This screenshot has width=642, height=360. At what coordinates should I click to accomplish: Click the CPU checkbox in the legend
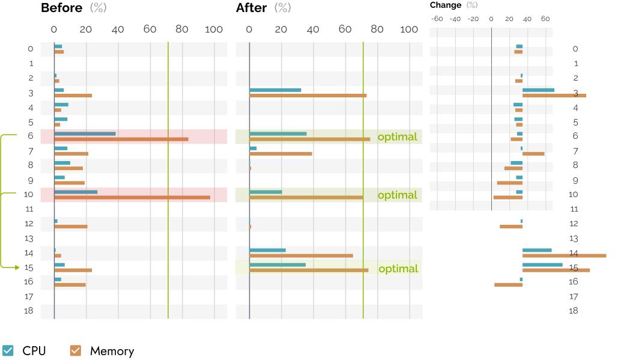click(8, 350)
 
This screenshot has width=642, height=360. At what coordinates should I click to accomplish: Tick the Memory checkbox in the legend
click(75, 350)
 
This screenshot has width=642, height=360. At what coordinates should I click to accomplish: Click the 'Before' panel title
click(62, 8)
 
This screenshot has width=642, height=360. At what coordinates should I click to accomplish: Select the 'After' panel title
click(252, 8)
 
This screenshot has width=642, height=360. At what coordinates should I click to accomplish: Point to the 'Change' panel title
click(446, 5)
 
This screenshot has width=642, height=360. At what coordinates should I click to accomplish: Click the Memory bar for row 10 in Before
click(132, 197)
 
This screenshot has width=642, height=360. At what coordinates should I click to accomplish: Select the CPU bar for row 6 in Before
click(85, 134)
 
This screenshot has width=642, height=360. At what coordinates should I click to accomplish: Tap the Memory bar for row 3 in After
click(308, 96)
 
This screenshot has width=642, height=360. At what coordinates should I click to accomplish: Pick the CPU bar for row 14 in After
click(267, 250)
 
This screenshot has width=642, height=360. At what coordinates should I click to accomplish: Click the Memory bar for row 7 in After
click(280, 154)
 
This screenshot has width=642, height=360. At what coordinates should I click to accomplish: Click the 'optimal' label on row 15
click(398, 269)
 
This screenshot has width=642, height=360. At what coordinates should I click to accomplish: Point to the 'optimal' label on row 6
click(398, 137)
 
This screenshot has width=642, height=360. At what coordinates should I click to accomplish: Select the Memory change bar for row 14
click(564, 256)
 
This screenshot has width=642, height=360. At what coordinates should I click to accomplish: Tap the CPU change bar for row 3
click(539, 90)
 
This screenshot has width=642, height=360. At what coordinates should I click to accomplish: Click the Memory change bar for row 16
click(508, 285)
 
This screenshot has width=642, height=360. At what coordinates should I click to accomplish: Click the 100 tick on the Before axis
click(214, 29)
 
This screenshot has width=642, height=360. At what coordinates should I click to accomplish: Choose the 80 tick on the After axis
click(377, 29)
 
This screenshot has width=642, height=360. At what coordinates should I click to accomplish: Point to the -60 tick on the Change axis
click(437, 19)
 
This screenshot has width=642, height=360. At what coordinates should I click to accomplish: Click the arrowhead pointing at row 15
click(17, 267)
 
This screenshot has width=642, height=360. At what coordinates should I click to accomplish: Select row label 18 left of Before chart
click(29, 311)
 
